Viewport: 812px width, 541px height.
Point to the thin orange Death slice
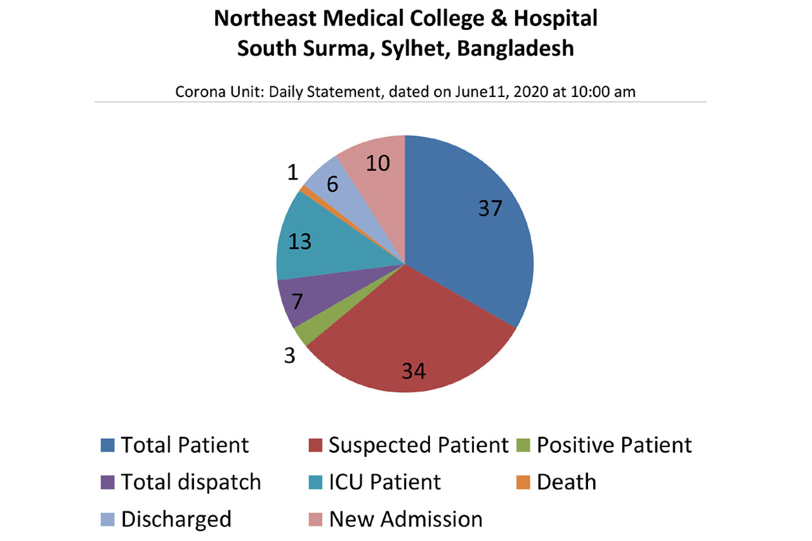click(306, 190)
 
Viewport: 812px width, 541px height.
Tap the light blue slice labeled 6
click(327, 181)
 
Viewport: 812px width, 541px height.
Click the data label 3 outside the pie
click(289, 355)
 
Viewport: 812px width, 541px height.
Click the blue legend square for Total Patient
click(107, 445)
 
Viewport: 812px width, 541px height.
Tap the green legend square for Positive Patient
click(523, 445)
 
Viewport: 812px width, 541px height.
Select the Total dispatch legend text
click(191, 482)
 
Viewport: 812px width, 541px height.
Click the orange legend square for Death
click(523, 482)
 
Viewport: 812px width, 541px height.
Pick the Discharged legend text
click(176, 519)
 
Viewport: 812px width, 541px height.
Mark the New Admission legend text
click(405, 519)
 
